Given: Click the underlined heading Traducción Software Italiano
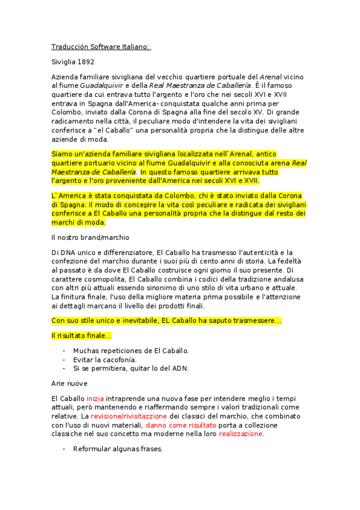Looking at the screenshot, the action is coord(101,47).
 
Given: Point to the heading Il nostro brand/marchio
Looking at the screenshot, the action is coord(90,237).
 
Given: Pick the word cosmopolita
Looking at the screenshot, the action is coord(105,279).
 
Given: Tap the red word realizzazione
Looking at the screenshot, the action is coord(240,433).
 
